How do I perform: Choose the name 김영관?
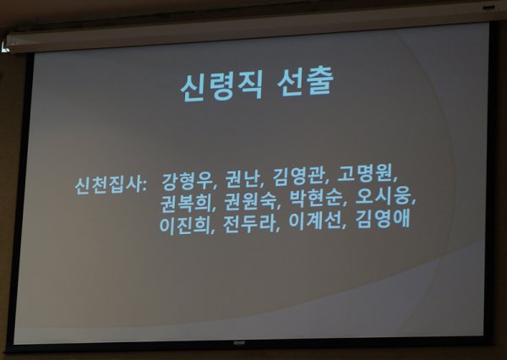point(297,177)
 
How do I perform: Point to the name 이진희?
point(184,225)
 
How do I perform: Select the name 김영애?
point(383,219)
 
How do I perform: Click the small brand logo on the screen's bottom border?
point(239,342)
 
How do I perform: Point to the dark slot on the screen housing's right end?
point(488,7)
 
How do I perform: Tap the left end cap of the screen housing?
point(6,43)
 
